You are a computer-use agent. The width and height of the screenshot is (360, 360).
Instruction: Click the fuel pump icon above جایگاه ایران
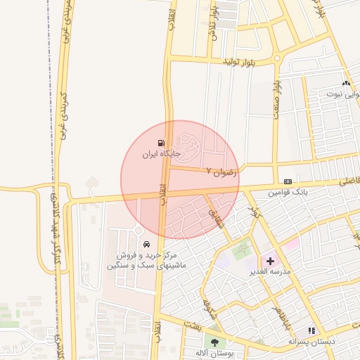(x=163, y=143)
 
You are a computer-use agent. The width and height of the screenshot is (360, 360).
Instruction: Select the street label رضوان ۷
(x=222, y=170)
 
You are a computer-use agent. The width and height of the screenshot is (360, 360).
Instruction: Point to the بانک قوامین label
(x=288, y=191)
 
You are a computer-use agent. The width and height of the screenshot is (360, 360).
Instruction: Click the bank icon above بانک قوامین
(x=288, y=181)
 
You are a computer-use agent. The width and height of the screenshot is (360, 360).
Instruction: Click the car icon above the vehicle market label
(x=146, y=244)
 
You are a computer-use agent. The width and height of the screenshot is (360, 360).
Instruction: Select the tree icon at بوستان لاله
(x=214, y=344)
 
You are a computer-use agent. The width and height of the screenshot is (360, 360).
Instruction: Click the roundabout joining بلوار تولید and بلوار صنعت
(x=277, y=59)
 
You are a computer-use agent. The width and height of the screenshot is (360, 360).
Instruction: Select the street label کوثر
(x=254, y=211)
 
